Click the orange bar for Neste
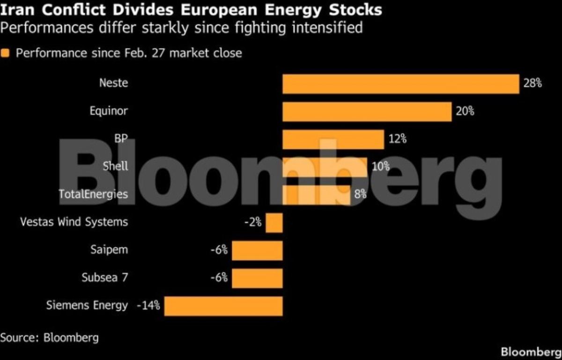coord(400,84)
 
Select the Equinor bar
coord(367,112)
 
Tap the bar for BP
coord(333,140)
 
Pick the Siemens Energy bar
coord(223,306)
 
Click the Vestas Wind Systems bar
coord(274,222)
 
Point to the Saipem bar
coord(257,250)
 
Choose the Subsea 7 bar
coord(257,278)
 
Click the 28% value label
coord(532,84)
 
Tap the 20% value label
coord(465,111)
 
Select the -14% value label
coord(148,306)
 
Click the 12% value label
coord(397,139)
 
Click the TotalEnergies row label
coord(93,194)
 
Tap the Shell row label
coord(115,166)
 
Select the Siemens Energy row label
coord(87,306)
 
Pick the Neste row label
coord(113,83)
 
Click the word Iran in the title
coord(17,10)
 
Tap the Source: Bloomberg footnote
coord(49,338)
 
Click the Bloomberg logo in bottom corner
coord(531,352)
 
